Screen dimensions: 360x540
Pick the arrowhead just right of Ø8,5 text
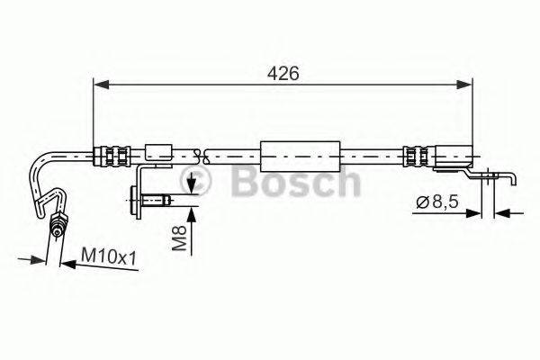478,213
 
